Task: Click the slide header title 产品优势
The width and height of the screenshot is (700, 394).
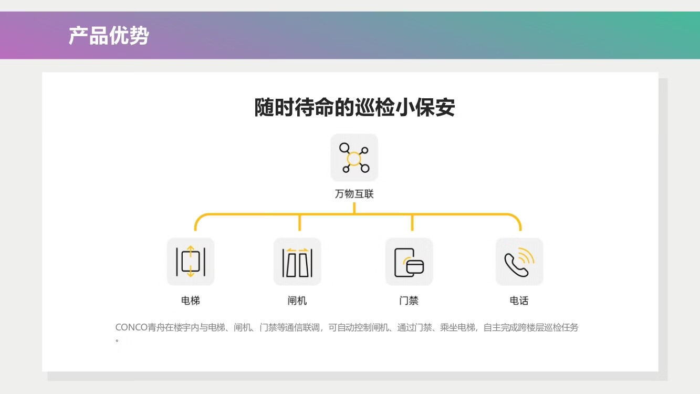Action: coord(109,36)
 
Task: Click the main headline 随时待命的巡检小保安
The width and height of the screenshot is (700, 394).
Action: coord(354,108)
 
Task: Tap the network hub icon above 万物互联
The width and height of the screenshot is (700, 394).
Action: coord(354,158)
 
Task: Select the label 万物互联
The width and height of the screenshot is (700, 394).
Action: coord(354,194)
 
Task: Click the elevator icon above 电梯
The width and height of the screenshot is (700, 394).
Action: coord(191,262)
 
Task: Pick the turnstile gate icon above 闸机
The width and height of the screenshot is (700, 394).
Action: coord(297,262)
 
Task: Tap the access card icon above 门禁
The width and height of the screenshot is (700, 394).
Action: coord(409,262)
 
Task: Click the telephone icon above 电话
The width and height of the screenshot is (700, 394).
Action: coord(519,262)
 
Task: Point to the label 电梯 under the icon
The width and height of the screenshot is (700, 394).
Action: coord(191,300)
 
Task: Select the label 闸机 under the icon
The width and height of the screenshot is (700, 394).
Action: coord(297,300)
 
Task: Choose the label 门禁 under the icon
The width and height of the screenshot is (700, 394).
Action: coord(409,300)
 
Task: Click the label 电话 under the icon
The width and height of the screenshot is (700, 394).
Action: coord(519,300)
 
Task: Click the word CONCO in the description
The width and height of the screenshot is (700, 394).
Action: coord(131,328)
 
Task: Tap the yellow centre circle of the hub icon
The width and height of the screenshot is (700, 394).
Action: coord(354,158)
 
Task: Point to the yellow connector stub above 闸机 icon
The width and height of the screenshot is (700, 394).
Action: coord(299,223)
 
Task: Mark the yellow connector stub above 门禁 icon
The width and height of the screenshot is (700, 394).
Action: coord(412,223)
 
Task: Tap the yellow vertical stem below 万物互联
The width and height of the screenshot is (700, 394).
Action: coord(354,208)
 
